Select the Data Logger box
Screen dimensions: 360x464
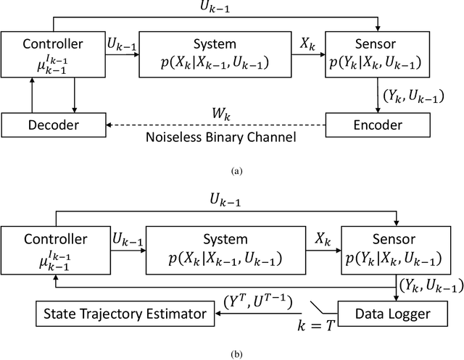click(392, 314)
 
